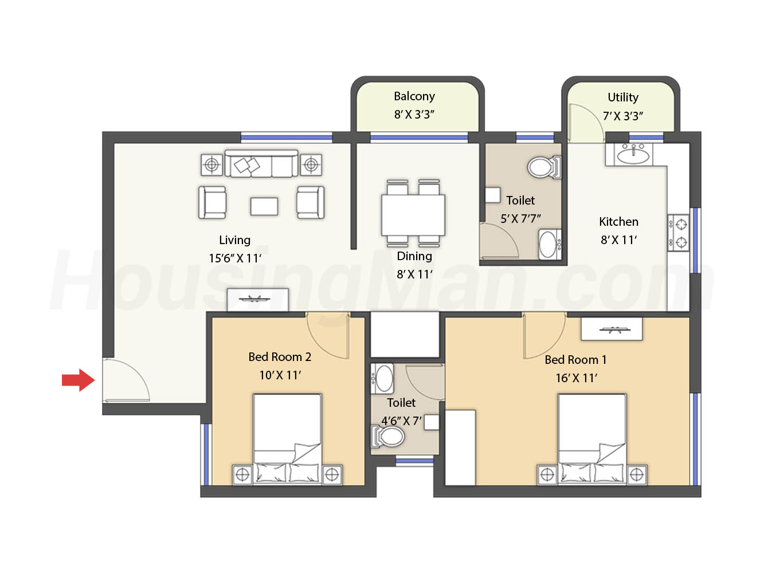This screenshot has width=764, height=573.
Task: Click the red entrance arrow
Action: pyautogui.click(x=79, y=380)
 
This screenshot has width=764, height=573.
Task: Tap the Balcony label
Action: pyautogui.click(x=414, y=96)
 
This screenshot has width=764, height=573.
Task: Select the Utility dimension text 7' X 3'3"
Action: pyautogui.click(x=623, y=116)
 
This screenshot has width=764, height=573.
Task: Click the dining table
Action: pyautogui.click(x=413, y=215)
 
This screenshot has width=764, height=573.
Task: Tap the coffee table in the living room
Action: pyautogui.click(x=264, y=206)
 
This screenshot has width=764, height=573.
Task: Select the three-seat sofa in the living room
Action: pyautogui.click(x=261, y=163)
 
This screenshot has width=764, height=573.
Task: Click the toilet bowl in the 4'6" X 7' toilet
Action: pyautogui.click(x=389, y=436)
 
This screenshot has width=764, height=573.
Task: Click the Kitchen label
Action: pyautogui.click(x=618, y=221)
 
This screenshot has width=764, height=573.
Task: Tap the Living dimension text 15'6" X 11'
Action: pyautogui.click(x=235, y=258)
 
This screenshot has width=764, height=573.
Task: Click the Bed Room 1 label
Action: pyautogui.click(x=575, y=359)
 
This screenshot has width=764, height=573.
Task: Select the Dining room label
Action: pyautogui.click(x=414, y=256)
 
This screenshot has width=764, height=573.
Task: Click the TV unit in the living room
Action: pyautogui.click(x=257, y=299)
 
